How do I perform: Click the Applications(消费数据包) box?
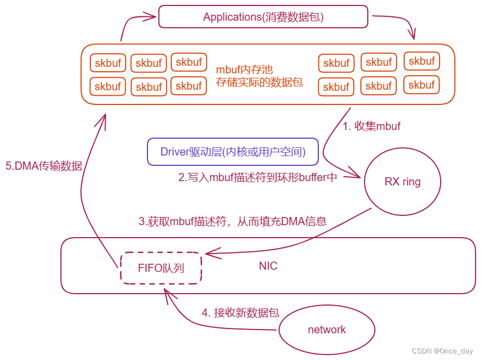(263, 17)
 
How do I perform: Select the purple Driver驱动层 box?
(232, 152)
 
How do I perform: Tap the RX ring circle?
(402, 182)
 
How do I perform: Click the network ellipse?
(326, 330)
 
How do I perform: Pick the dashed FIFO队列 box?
(161, 268)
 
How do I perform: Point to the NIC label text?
(268, 266)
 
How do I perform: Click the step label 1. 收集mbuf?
(371, 126)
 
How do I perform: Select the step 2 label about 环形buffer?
(258, 177)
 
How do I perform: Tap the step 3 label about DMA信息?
(233, 221)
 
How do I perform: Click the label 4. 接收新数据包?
(240, 313)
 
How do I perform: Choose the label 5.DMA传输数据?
(44, 166)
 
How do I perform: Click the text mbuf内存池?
(244, 70)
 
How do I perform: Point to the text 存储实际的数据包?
(259, 83)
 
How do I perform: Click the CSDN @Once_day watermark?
(442, 351)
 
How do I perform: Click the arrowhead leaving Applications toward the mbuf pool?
(412, 35)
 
